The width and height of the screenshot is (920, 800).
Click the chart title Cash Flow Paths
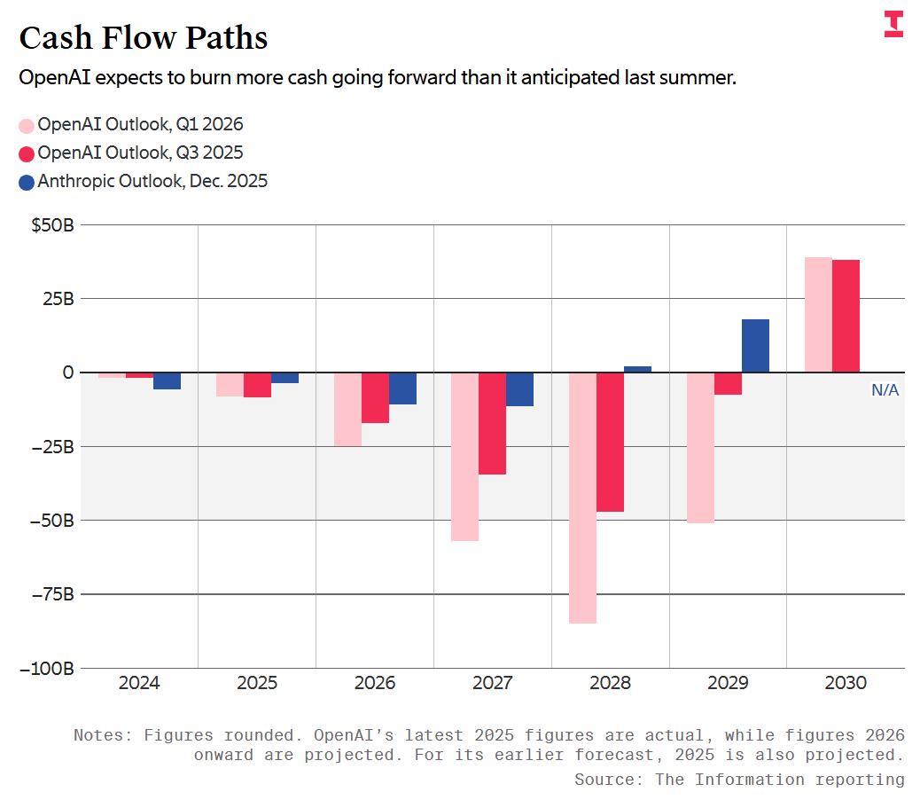click(143, 38)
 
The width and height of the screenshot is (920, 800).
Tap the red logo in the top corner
click(893, 24)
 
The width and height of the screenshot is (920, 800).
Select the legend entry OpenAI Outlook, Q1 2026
click(140, 124)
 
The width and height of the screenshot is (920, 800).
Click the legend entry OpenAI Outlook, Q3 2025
click(140, 153)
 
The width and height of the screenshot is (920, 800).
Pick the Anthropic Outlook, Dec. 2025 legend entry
click(152, 181)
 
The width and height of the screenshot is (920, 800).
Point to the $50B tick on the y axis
click(52, 225)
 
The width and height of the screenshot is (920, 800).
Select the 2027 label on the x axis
click(492, 683)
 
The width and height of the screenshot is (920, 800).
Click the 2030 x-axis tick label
click(846, 683)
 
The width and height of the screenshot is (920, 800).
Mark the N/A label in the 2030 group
click(885, 389)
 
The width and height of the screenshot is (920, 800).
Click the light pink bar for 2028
click(582, 497)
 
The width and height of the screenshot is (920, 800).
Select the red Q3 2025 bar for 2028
click(610, 442)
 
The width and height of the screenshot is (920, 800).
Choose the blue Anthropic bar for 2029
click(755, 346)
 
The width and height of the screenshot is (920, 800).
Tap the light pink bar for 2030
click(818, 315)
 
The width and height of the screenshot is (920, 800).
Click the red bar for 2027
click(492, 423)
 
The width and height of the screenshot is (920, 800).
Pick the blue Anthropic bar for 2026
click(402, 388)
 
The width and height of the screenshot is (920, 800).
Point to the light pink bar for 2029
click(700, 447)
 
